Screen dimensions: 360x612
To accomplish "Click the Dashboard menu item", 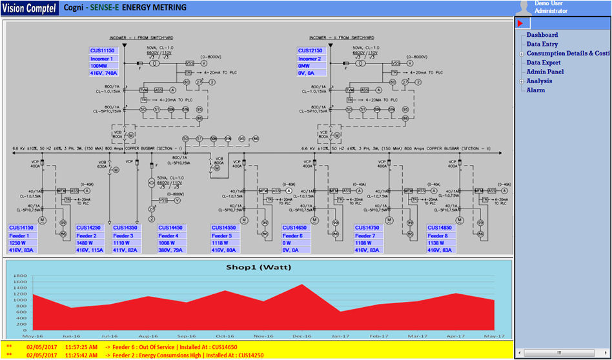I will (542, 35).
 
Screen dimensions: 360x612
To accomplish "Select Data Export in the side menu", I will (543, 63).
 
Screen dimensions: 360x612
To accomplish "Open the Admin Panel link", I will (545, 72).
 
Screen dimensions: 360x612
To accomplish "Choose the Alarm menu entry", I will (535, 90).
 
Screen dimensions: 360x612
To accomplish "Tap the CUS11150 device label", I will (102, 50).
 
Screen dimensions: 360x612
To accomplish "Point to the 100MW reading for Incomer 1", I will (99, 66).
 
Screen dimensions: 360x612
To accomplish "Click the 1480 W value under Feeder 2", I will (85, 243).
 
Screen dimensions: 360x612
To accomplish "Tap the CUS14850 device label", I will (442, 228).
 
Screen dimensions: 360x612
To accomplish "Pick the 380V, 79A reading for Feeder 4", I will (172, 251).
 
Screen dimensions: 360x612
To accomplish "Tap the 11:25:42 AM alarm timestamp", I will (80, 355).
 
